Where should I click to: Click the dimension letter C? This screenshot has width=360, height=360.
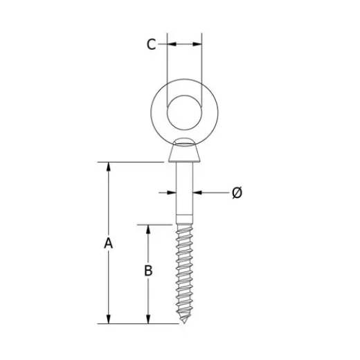tap(151, 44)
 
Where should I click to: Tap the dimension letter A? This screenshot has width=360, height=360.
tap(108, 243)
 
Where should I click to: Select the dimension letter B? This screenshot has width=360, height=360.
tap(147, 271)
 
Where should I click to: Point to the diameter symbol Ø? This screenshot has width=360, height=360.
tap(237, 192)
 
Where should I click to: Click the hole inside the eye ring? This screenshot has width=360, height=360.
tap(184, 110)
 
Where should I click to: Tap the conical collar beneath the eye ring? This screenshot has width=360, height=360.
tap(184, 152)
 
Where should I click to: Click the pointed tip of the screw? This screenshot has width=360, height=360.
tap(184, 321)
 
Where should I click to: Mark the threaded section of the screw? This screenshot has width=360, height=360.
tap(184, 270)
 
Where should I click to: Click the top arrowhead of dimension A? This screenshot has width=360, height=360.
tap(108, 167)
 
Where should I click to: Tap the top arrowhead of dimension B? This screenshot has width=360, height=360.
tap(147, 228)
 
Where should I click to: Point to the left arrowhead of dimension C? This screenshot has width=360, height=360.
tap(170, 44)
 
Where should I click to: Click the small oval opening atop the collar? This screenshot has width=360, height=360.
tap(184, 143)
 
